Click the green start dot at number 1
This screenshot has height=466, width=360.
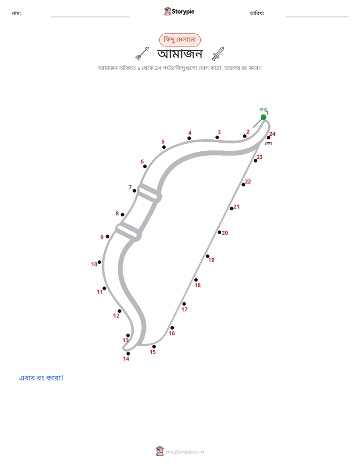point(264,118)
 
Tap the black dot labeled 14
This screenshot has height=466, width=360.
point(128,354)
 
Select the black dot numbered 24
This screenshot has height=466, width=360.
point(269,138)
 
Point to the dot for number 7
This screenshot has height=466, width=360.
point(134,191)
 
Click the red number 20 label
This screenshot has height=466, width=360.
point(225,233)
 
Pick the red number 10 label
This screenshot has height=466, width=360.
point(94,264)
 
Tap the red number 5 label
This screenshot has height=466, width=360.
point(163,142)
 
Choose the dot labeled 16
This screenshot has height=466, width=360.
point(172,328)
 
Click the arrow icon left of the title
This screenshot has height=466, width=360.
point(142,53)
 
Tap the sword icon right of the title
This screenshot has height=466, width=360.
point(218,53)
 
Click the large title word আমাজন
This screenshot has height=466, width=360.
point(180,54)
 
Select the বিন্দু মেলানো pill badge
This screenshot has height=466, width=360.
point(180,40)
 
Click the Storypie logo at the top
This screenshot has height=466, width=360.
point(179,12)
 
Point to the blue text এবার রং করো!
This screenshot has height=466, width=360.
point(41,378)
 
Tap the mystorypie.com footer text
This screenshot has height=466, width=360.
point(185,452)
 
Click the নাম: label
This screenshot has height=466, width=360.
point(16,13)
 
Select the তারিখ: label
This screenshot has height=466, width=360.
point(257,13)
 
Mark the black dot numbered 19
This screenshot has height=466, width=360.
point(208,256)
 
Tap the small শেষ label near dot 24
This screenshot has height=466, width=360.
point(269,144)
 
